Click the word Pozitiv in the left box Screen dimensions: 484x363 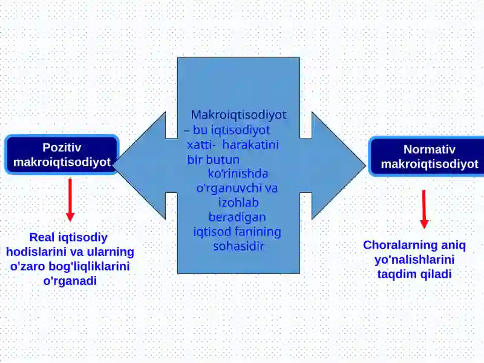click(x=62, y=148)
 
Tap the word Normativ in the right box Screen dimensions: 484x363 click(x=430, y=149)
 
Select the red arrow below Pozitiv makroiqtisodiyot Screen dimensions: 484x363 click(x=70, y=200)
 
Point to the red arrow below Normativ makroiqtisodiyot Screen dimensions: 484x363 click(x=424, y=209)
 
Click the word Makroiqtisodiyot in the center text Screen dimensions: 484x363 click(x=238, y=115)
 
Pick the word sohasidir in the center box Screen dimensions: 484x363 click(x=238, y=246)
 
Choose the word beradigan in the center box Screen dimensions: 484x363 click(x=237, y=217)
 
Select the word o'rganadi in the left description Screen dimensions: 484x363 click(x=70, y=281)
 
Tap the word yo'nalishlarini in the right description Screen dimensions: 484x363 click(x=414, y=260)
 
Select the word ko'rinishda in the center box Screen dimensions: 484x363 click(x=238, y=174)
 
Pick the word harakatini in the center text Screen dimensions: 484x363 click(x=250, y=145)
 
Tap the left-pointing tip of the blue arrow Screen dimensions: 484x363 click(x=114, y=165)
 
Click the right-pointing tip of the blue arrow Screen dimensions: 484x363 click(x=365, y=165)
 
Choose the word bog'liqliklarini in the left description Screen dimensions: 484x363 click(x=89, y=266)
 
